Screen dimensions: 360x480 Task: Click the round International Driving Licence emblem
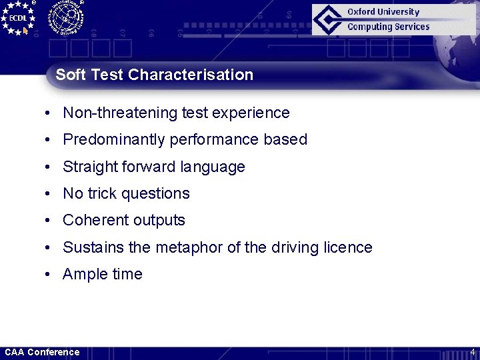[65, 17]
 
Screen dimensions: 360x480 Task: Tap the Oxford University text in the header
[383, 12]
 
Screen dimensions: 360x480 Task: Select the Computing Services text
[388, 27]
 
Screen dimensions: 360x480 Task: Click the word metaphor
[189, 247]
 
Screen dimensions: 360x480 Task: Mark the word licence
[349, 247]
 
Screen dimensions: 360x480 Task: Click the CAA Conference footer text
[42, 352]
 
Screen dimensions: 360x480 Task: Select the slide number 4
[472, 352]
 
